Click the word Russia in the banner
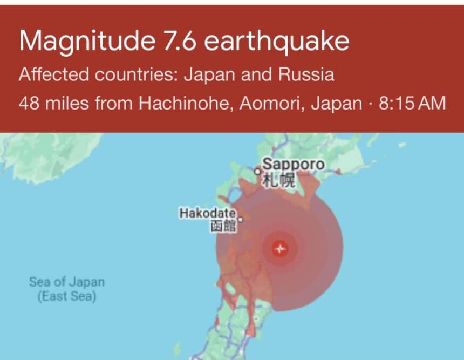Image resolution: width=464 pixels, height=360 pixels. pos(305,74)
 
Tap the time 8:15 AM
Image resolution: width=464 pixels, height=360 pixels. pos(413,103)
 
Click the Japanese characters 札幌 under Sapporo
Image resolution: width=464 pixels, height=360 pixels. pos(279,181)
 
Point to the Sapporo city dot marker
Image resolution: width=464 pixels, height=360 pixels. pos(257,172)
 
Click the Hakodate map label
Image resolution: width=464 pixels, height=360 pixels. pos(207,213)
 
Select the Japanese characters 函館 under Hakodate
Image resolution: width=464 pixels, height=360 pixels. pos(223,227)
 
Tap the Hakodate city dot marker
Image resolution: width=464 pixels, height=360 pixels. pos(241,220)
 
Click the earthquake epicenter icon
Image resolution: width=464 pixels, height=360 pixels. pos(280,249)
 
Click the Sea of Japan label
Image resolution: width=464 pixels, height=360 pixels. pos(67,282)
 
